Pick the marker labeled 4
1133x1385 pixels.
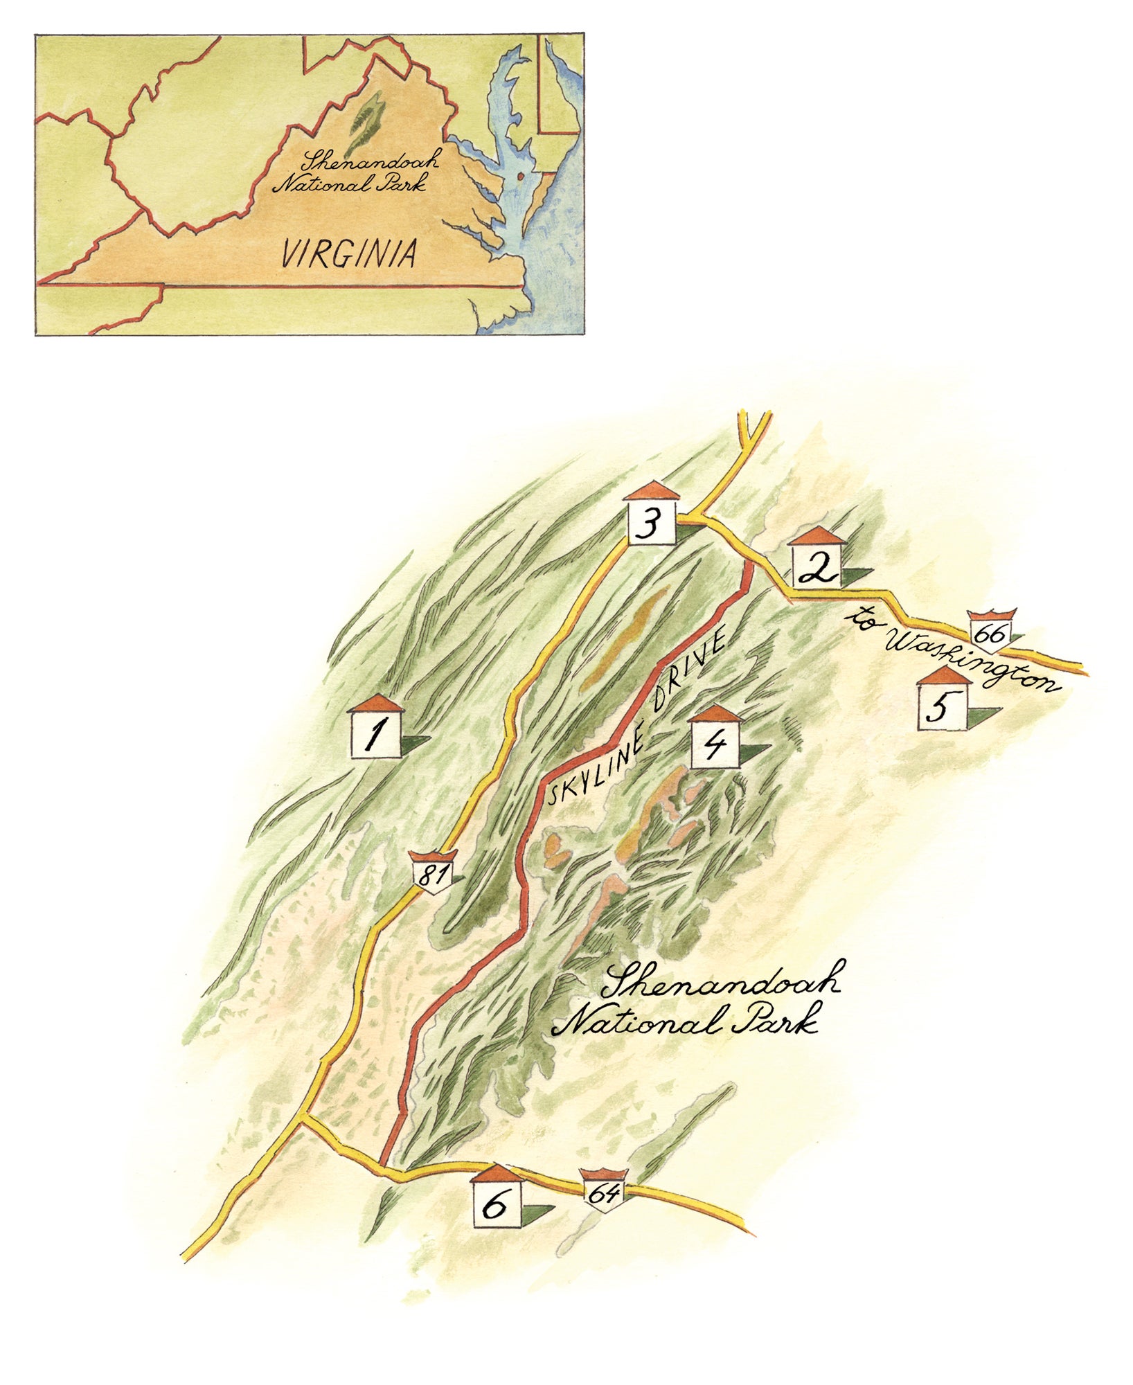pyautogui.click(x=715, y=744)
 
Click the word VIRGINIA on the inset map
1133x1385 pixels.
pyautogui.click(x=348, y=253)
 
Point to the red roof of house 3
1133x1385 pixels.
pyautogui.click(x=651, y=490)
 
